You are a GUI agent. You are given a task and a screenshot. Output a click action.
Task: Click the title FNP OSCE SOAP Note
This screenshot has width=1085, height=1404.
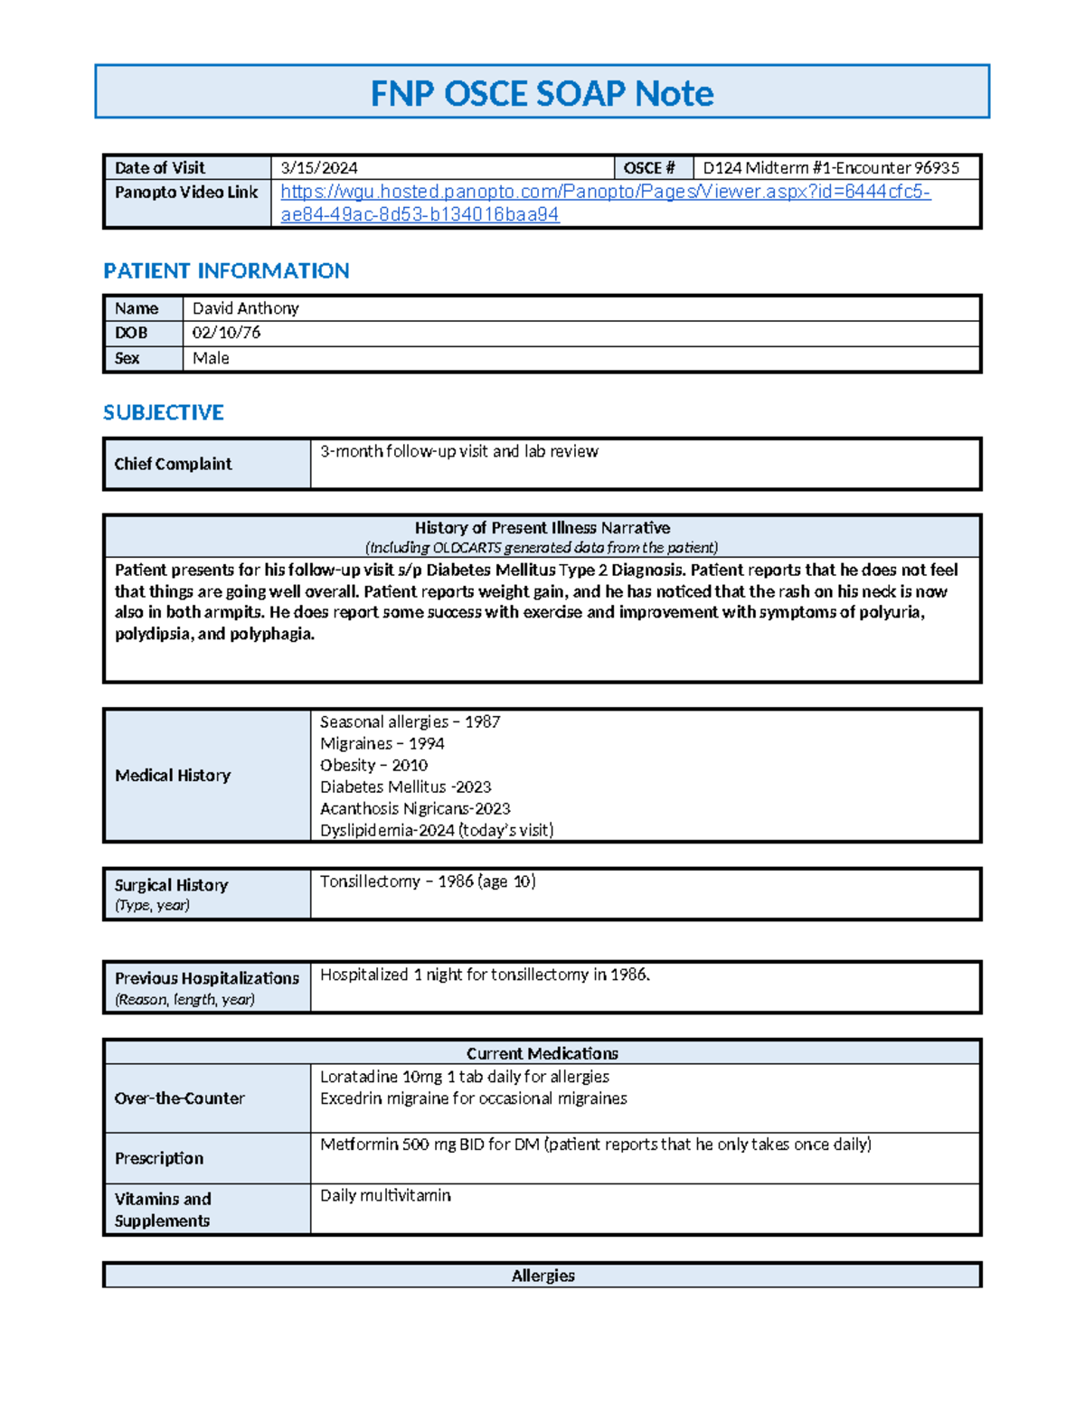coord(542,93)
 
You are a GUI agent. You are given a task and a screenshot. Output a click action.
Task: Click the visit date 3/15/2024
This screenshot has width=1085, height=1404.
coord(319,168)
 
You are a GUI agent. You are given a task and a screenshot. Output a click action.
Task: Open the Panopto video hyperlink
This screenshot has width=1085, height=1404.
coord(604,192)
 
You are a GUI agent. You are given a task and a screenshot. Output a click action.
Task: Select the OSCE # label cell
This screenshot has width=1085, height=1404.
coord(650,168)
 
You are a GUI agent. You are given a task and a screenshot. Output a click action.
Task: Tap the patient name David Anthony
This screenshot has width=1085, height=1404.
coord(245,308)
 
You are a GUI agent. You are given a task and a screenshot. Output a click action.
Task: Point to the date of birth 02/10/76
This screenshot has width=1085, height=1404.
coord(226,333)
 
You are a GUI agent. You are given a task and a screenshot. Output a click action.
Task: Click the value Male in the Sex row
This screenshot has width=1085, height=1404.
coord(211,358)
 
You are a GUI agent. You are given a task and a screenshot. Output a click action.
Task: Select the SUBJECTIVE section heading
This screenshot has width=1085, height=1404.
coord(164,412)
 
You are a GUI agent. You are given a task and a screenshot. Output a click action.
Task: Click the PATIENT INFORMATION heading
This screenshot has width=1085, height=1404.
coord(226,271)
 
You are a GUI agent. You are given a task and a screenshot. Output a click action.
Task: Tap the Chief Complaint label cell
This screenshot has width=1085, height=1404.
coord(173,464)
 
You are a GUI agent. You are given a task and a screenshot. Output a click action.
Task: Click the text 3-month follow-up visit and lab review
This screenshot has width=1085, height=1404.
coord(459,451)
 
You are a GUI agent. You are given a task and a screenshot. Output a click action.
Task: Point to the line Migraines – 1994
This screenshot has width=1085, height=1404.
coord(382,743)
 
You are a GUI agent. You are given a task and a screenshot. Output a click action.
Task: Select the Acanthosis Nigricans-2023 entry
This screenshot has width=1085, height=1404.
coord(415,808)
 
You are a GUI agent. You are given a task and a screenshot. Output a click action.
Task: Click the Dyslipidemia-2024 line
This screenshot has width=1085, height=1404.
coord(437,830)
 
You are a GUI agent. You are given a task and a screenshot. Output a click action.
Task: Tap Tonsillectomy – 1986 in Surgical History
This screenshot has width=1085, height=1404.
coord(428,881)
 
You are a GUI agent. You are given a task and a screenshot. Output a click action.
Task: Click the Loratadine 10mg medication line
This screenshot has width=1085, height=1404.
coord(464,1077)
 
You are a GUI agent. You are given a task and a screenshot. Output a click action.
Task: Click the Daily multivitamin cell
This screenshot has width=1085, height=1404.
coord(385,1195)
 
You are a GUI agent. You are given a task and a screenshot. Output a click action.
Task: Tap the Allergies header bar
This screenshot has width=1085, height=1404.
coord(542,1276)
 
